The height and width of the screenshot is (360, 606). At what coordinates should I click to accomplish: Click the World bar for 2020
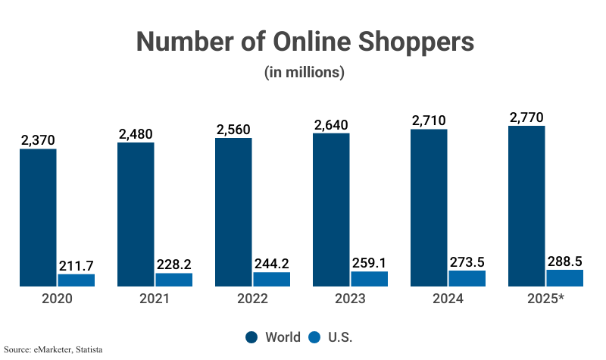(38, 218)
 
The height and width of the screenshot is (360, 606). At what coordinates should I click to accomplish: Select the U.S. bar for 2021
(174, 280)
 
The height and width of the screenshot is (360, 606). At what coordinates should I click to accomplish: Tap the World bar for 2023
(331, 210)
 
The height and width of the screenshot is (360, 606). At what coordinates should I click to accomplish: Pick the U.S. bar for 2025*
(565, 277)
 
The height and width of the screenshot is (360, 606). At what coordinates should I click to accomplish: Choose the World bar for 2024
(429, 208)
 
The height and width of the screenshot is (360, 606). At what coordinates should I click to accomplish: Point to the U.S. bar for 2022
(272, 279)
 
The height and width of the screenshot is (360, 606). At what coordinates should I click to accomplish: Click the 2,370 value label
(38, 140)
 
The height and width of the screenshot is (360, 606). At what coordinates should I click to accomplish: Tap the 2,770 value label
(526, 117)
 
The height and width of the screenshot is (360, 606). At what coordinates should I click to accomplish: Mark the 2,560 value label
(233, 130)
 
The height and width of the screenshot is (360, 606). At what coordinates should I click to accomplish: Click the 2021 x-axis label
(155, 299)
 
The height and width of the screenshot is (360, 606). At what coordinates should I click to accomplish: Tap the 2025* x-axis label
(545, 299)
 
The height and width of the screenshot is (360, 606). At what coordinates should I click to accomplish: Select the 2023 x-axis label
(350, 299)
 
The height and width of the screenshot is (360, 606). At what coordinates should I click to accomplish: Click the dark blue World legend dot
(252, 337)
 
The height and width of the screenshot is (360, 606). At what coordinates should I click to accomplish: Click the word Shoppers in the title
(410, 42)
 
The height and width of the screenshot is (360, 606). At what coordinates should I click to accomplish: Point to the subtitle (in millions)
(305, 73)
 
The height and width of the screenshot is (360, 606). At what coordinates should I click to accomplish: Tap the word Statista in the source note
(86, 350)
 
